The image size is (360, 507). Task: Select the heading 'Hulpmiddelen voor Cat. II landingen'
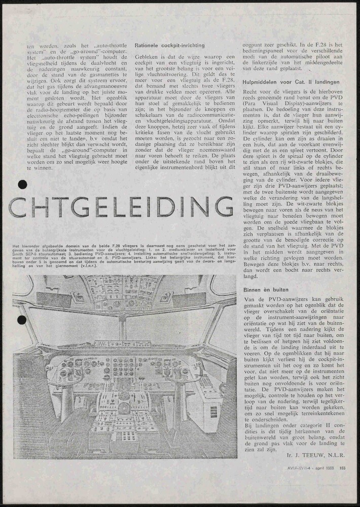(x=286, y=81)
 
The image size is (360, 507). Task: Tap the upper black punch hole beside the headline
(x=21, y=185)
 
